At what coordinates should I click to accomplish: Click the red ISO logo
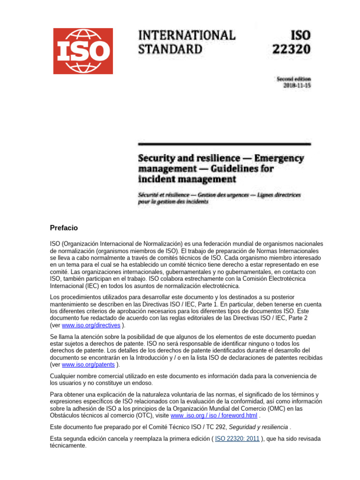pyautogui.click(x=83, y=51)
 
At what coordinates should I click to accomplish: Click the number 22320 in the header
pyautogui.click(x=291, y=49)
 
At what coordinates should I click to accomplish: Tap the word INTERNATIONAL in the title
pyautogui.click(x=187, y=35)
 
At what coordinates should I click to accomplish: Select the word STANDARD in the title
pyautogui.click(x=170, y=49)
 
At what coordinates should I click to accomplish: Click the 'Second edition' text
pyautogui.click(x=293, y=79)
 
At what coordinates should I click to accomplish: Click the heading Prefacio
pyautogui.click(x=64, y=228)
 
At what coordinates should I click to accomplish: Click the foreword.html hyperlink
pyautogui.click(x=214, y=415)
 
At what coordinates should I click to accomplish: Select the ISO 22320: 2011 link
pyautogui.click(x=237, y=438)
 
